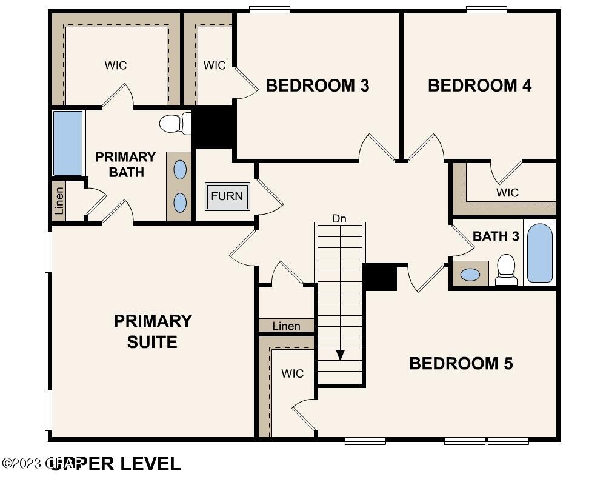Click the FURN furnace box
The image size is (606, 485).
tap(227, 196)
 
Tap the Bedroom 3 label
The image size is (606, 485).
tap(318, 85)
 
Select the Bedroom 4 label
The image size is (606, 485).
tap(479, 85)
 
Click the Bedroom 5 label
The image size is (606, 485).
tap(461, 363)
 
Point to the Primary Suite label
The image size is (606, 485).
tap(153, 331)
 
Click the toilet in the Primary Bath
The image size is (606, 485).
tap(175, 124)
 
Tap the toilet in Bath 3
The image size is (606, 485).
tap(505, 269)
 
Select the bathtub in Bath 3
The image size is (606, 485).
tap(539, 253)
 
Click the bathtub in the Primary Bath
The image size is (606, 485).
tap(68, 143)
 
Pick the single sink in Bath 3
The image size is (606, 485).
tap(470, 274)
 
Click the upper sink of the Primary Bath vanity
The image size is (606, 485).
tap(180, 170)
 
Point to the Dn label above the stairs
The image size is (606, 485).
tap(339, 218)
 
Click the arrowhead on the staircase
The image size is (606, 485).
tap(340, 355)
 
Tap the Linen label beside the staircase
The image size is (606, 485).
tap(286, 326)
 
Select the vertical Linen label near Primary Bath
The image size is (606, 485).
tap(59, 202)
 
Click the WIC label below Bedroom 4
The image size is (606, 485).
tap(507, 192)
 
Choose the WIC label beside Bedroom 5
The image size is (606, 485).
tap(292, 373)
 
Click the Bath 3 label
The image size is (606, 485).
tap(496, 236)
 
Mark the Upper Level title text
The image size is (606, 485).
tap(115, 464)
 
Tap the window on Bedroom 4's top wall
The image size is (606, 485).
tap(486, 9)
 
